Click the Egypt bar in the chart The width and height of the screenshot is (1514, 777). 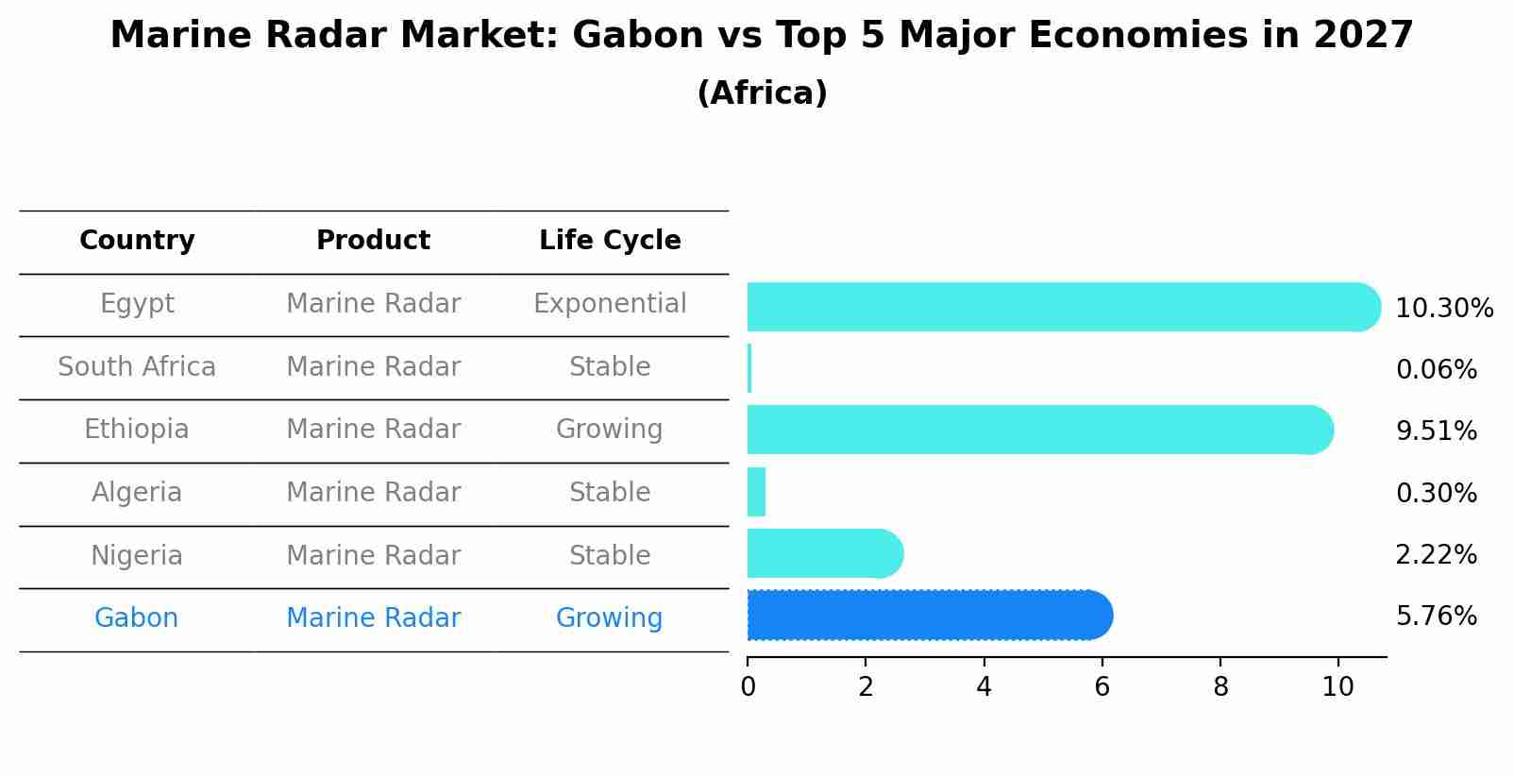tap(1064, 307)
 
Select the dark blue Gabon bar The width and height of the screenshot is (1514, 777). tap(930, 615)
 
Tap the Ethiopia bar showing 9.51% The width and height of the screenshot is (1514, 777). tap(1040, 431)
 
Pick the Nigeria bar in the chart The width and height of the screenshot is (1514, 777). tap(825, 553)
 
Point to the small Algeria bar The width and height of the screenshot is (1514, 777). tap(756, 492)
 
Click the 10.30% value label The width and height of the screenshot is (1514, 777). tap(1444, 309)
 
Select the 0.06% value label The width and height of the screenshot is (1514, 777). tap(1437, 370)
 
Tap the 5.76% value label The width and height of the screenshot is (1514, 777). tap(1437, 617)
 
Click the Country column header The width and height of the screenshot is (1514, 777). tap(137, 241)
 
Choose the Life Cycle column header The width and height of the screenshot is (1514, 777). tap(610, 241)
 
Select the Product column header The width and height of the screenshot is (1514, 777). tap(373, 240)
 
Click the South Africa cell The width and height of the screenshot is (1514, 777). tap(137, 366)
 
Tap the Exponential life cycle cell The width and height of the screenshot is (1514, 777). tap(610, 304)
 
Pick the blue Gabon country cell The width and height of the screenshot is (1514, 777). tap(137, 618)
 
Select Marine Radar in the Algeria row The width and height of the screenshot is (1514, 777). tap(373, 492)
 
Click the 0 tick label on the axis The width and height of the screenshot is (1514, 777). tap(748, 687)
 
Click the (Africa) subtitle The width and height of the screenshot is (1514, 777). tap(763, 93)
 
